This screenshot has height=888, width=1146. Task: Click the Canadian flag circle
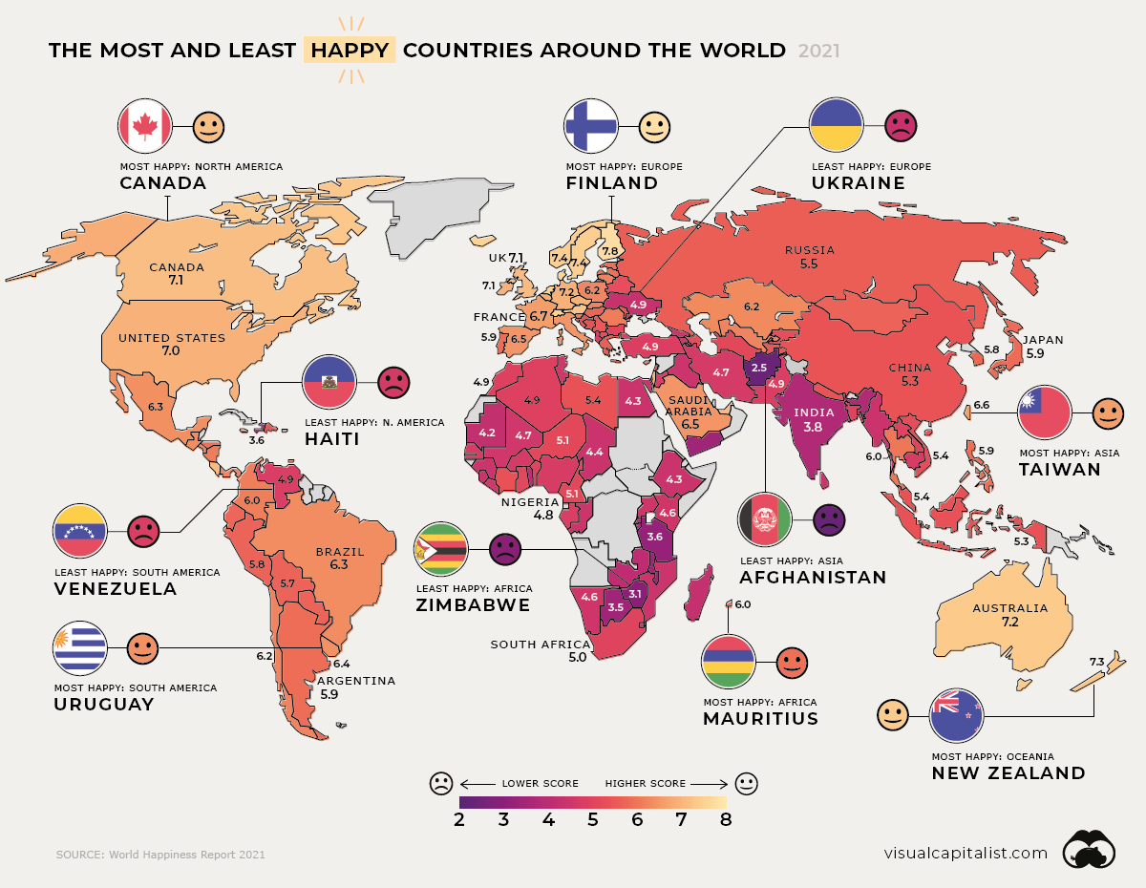coord(144,125)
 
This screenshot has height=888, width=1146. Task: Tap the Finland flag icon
coord(591,125)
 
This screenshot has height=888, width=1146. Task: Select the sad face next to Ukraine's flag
coord(900,125)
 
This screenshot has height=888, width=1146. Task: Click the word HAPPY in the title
coord(350,50)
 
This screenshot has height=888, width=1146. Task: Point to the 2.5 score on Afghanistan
coord(759,367)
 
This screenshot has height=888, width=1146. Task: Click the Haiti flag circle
coord(329,382)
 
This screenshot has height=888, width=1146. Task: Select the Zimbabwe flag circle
coord(440,550)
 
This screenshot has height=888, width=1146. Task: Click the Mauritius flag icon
coord(729,661)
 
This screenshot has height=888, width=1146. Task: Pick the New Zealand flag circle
coord(957,715)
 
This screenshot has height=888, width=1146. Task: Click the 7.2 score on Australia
coord(1009,623)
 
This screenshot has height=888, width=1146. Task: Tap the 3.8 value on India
coord(813,429)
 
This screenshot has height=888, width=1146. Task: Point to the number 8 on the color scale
coord(726,819)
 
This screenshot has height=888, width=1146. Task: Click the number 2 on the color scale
coord(459,819)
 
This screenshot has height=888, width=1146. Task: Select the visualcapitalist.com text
coord(966,853)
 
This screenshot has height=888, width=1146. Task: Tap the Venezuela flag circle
coord(81,530)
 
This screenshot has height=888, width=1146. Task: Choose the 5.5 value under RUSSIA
coord(809,263)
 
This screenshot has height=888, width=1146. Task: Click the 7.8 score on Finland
coord(609,251)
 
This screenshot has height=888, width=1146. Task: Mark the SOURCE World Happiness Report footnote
coord(160,855)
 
